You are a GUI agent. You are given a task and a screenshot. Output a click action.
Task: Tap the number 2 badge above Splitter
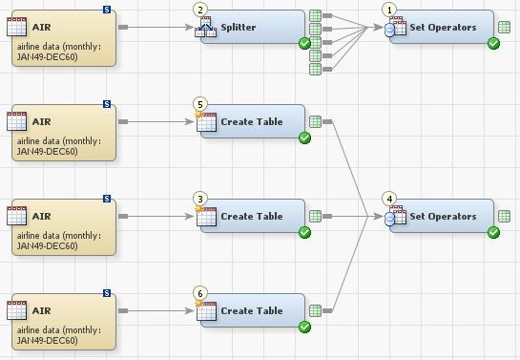(199, 10)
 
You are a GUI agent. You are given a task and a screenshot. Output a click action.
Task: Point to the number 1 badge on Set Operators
(388, 10)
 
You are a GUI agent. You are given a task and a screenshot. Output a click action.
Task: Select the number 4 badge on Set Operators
(388, 199)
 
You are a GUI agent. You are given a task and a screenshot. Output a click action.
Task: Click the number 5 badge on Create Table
(199, 104)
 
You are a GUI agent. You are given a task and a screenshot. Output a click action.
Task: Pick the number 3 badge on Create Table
(199, 199)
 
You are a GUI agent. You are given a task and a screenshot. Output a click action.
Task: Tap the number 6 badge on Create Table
(199, 293)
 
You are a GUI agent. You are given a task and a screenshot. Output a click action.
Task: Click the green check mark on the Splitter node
(304, 43)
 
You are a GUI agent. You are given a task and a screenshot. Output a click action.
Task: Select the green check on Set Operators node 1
(493, 43)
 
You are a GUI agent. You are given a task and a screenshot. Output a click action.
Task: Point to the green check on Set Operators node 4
(493, 232)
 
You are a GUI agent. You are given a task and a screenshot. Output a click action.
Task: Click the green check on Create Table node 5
(304, 138)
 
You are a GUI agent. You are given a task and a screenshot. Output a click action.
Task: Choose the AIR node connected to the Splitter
(60, 36)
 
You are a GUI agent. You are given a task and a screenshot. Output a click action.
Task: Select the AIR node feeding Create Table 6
(60, 321)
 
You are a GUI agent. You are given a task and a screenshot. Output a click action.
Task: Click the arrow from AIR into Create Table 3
(157, 217)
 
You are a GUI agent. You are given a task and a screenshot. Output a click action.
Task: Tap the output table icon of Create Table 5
(315, 122)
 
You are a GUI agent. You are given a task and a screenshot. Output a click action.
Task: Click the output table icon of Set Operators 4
(504, 217)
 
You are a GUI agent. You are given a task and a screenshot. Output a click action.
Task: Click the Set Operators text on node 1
(443, 28)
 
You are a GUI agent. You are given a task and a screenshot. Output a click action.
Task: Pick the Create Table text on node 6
(251, 311)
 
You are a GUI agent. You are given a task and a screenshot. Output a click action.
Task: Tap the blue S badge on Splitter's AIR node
(106, 10)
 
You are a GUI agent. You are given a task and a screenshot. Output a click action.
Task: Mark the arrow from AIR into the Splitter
(157, 27)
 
